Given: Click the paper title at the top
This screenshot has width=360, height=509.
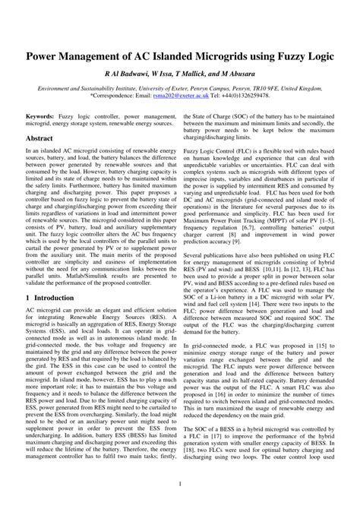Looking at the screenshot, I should (180, 57).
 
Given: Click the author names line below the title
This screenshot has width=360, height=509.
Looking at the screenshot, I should (180, 77).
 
